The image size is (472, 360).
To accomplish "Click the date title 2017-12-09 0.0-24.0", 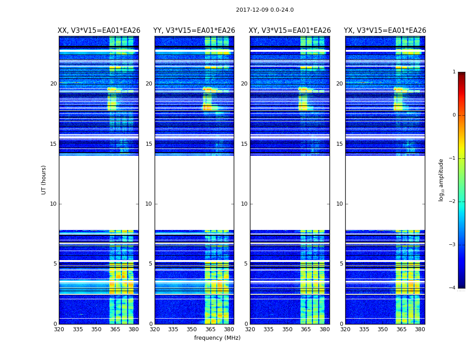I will point(265,10).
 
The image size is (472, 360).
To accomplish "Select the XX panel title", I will point(99,31).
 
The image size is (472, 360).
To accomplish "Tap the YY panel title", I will point(194,31).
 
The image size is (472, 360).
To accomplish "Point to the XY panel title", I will point(290,31).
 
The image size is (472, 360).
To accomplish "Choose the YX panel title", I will point(385,31).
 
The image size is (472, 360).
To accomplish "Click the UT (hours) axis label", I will point(44,180).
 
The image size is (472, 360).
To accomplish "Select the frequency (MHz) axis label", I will point(217,338).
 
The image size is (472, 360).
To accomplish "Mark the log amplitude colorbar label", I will point(441,180).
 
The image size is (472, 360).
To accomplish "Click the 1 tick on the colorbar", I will point(454,72).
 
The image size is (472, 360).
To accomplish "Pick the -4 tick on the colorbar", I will point(453,288).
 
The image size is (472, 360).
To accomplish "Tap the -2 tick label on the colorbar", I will point(453,202).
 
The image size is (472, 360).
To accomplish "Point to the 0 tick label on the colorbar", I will point(454,115).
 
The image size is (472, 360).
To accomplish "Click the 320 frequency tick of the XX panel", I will point(59,329).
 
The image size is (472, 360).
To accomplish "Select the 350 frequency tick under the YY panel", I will point(192,329).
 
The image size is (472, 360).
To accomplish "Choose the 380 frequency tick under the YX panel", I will point(420,329).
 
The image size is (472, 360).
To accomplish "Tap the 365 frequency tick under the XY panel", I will point(306,329).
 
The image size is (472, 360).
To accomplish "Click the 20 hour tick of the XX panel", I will point(53,84).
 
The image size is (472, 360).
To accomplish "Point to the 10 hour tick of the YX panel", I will point(339,204).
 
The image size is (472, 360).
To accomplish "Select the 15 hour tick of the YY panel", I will point(149,144).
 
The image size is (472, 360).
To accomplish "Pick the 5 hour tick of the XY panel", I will point(246,264).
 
